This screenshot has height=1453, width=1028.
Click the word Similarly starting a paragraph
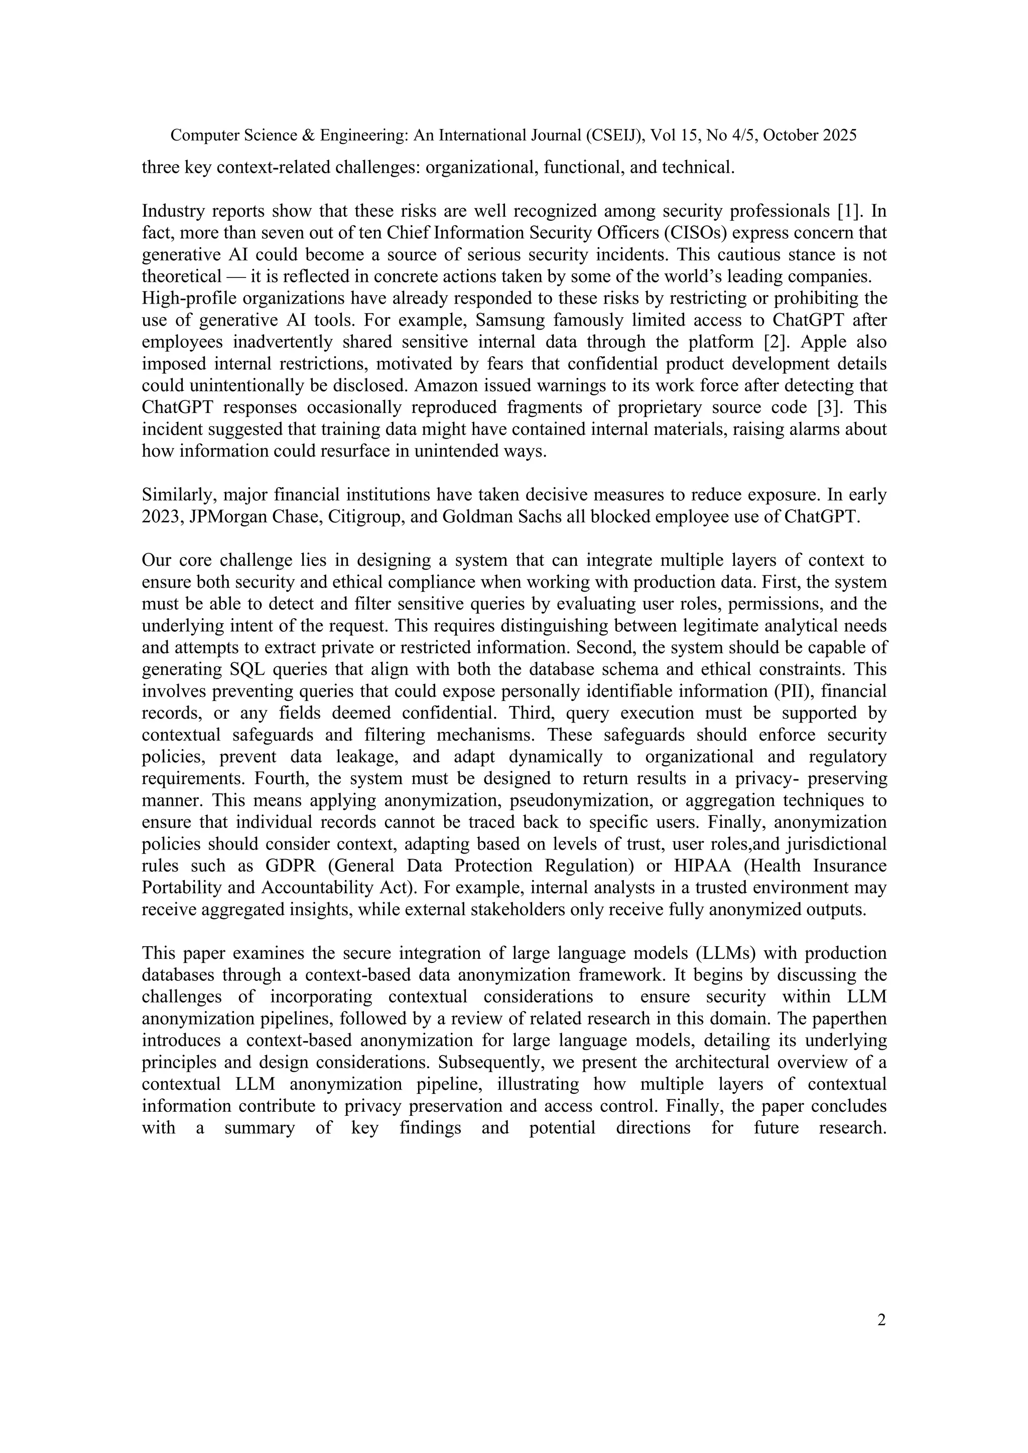pyautogui.click(x=176, y=495)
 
